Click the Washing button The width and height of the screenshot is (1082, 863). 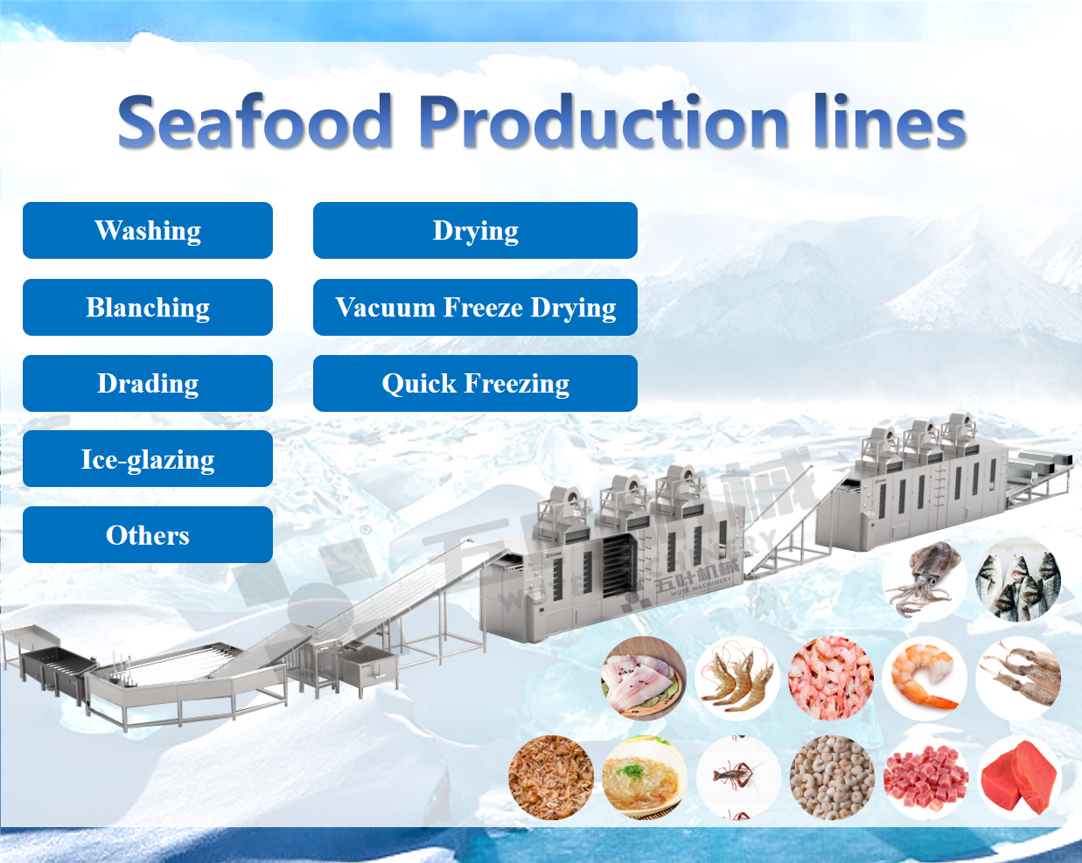click(x=148, y=230)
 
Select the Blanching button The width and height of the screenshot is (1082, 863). click(x=148, y=307)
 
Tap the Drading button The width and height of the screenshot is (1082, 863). click(x=148, y=384)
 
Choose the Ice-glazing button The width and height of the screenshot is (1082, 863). click(x=148, y=459)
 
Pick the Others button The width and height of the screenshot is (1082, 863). click(x=148, y=535)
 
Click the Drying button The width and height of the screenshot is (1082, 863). click(x=475, y=230)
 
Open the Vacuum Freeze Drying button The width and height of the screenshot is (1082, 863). click(x=475, y=307)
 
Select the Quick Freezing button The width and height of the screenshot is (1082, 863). click(x=475, y=384)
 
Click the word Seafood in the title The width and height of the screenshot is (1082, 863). click(x=255, y=122)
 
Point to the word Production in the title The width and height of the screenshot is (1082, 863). click(x=604, y=122)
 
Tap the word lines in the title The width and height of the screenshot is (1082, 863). click(x=890, y=122)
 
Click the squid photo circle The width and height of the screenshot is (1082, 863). click(x=925, y=580)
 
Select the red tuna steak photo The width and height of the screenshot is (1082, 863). click(x=1019, y=778)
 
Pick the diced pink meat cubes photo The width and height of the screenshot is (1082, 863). click(x=925, y=778)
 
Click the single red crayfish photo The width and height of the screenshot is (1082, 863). click(x=738, y=778)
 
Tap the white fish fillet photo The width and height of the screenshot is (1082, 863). click(x=644, y=678)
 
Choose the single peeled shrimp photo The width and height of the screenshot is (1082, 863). click(x=925, y=678)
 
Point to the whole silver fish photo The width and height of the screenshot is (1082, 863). click(x=1018, y=580)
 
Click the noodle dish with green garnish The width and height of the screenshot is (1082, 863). click(x=644, y=778)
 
